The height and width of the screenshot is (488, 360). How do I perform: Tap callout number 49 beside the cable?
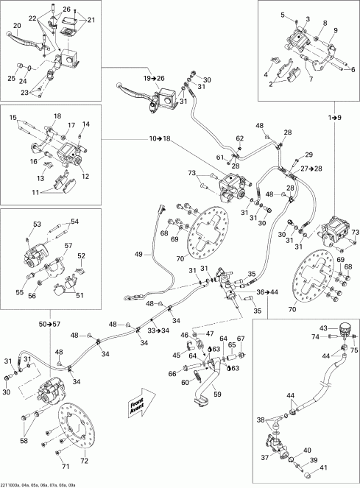(x=138, y=255)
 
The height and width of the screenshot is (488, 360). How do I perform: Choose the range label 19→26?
(x=155, y=78)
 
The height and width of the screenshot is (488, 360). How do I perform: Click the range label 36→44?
(x=267, y=292)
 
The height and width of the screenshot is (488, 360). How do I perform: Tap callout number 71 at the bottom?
(x=64, y=467)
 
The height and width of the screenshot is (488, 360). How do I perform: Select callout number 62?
(x=239, y=138)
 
